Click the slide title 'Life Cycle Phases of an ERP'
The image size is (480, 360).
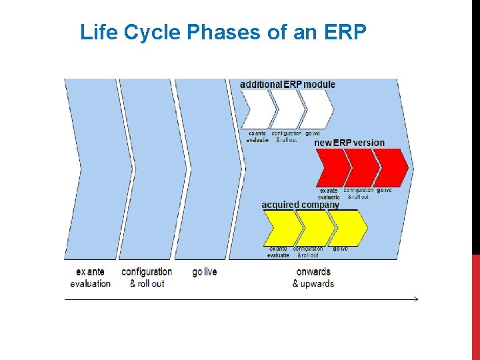click(x=223, y=32)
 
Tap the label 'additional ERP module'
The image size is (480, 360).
click(x=287, y=84)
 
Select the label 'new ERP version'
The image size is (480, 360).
click(x=349, y=143)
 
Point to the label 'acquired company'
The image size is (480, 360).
click(x=300, y=205)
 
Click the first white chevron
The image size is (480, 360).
click(x=257, y=109)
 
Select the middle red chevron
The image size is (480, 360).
click(x=362, y=167)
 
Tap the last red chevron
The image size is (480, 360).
click(x=392, y=167)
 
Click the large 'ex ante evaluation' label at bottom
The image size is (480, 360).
click(x=90, y=277)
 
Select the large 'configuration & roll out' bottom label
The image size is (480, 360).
click(x=147, y=277)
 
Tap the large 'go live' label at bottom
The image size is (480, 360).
click(x=205, y=272)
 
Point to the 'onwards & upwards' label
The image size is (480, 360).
click(x=313, y=277)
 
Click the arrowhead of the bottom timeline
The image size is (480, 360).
click(x=415, y=299)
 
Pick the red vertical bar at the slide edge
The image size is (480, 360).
click(x=475, y=307)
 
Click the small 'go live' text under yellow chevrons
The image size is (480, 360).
click(x=341, y=249)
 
